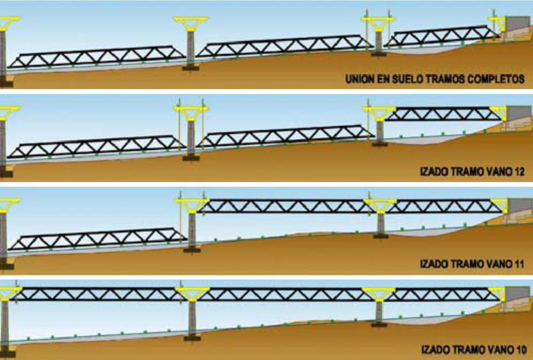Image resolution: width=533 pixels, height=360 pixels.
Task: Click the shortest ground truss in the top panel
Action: coord(442,38)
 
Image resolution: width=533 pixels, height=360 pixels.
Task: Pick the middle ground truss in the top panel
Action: coord(282,46)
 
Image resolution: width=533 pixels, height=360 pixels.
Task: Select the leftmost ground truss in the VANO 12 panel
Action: coord(97,147)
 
